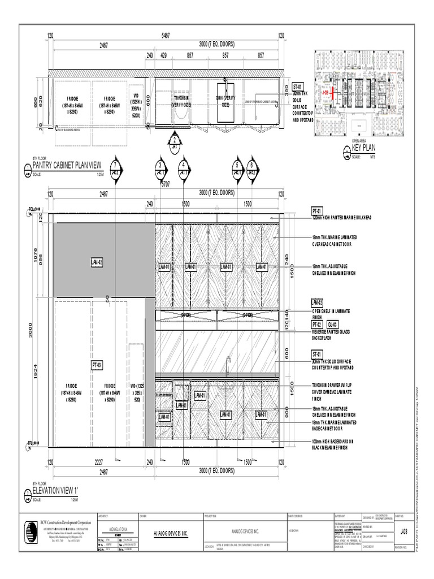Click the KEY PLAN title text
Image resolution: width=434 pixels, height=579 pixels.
[x=364, y=148]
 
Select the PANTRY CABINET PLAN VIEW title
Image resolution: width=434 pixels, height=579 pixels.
[x=67, y=165]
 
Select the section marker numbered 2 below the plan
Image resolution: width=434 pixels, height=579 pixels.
[x=175, y=142]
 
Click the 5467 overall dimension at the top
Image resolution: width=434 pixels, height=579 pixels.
[x=166, y=36]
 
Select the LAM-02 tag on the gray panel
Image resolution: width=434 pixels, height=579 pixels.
[x=97, y=262]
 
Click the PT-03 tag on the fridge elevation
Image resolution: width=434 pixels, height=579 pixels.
[x=97, y=366]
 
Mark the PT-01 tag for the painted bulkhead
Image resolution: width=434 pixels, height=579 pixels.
[x=316, y=210]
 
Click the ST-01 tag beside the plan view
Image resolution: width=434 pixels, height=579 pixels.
[x=299, y=87]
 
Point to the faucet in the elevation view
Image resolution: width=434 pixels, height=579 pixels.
[x=229, y=362]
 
